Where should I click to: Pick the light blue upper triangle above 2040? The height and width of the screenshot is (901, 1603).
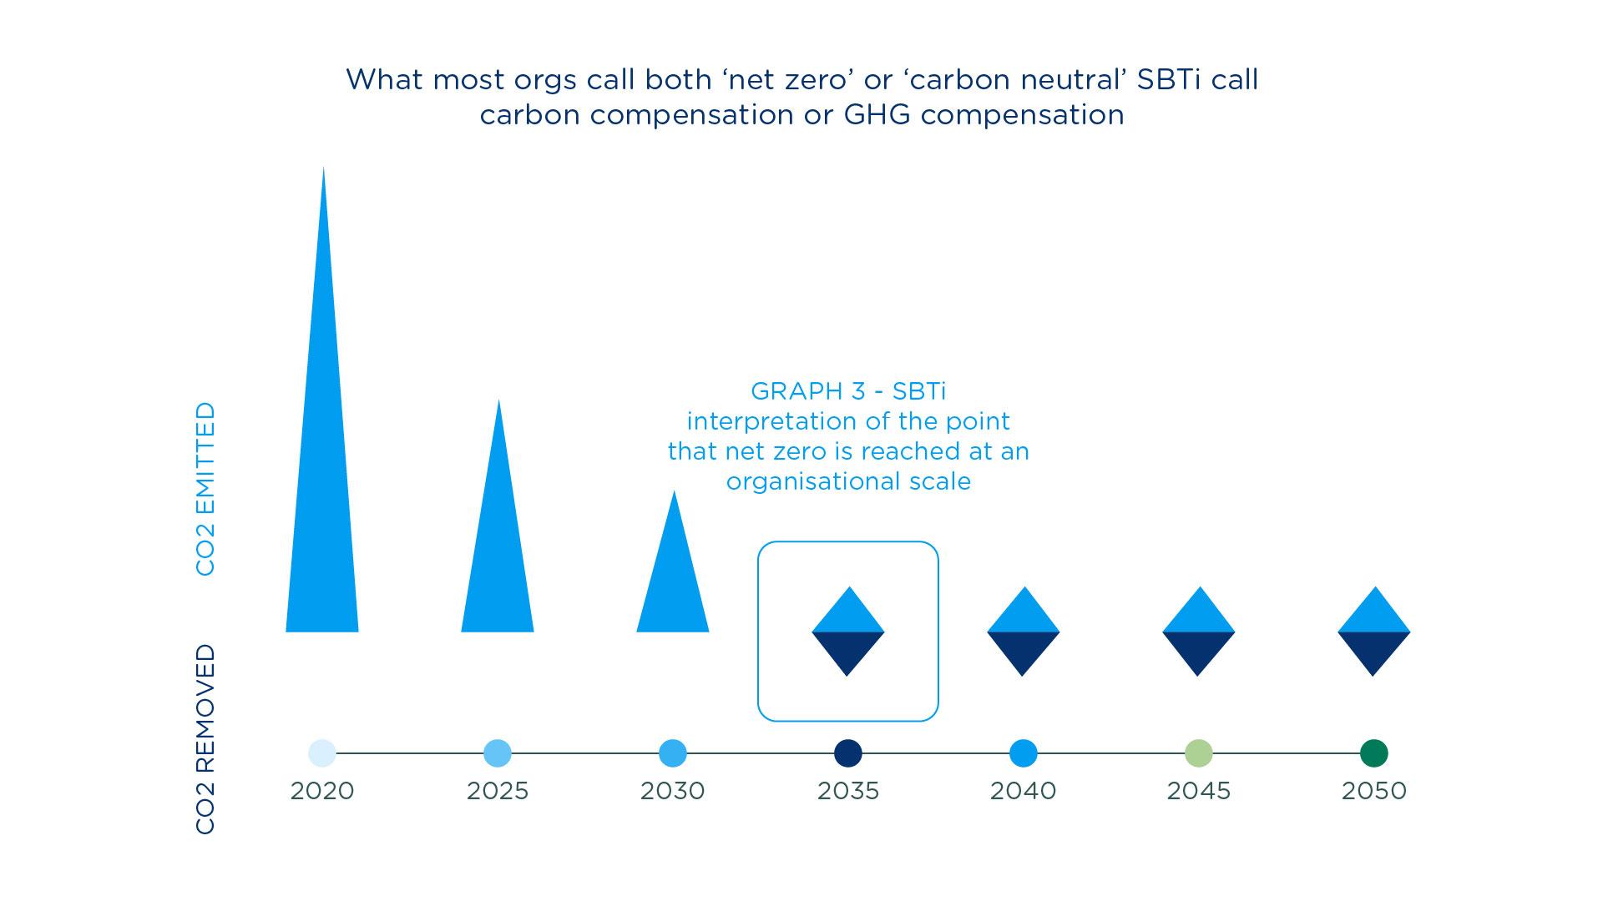(x=1024, y=614)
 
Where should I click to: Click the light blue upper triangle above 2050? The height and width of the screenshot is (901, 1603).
(x=1374, y=614)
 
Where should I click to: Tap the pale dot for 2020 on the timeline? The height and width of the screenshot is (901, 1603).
(x=322, y=753)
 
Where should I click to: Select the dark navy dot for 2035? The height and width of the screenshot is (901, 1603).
(x=848, y=753)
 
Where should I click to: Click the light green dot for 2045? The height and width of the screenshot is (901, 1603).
(x=1199, y=753)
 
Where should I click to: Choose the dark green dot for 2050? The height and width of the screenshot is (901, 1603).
(x=1374, y=753)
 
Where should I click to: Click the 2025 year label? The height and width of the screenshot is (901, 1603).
(x=498, y=791)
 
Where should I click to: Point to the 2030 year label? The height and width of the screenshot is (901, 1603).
(x=673, y=791)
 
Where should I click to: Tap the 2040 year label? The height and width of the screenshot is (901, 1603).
(x=1024, y=791)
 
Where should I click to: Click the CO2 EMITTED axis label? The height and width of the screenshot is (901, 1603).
(x=205, y=489)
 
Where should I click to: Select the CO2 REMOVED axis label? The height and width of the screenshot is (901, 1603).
(x=205, y=739)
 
